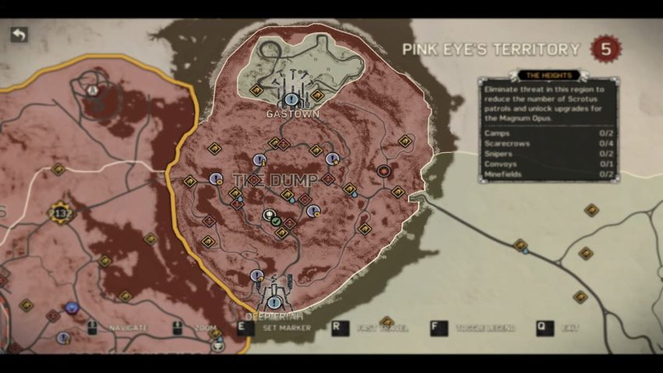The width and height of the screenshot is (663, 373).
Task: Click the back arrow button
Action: (18, 35)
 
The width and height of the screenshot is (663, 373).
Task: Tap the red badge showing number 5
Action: (606, 49)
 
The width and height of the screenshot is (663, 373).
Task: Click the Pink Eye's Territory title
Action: (491, 50)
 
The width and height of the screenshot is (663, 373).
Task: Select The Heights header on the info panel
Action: (548, 76)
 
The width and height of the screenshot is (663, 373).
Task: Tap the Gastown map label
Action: (292, 114)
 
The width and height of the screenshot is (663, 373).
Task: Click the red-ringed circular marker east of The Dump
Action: (383, 170)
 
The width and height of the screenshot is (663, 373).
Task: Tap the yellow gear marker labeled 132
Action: (61, 211)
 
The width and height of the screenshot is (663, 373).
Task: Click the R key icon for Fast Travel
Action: (339, 328)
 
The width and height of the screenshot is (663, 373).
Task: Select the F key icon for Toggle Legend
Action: (439, 328)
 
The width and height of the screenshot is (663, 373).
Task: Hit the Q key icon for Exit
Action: (544, 328)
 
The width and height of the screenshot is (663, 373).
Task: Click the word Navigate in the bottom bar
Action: (129, 329)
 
